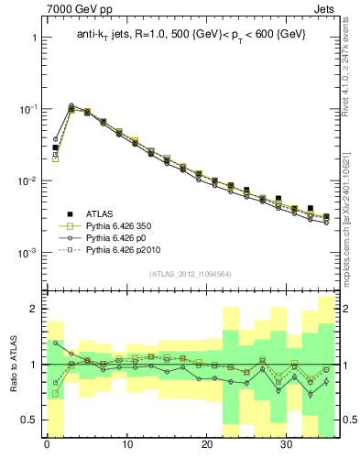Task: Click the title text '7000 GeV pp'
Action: tap(77, 10)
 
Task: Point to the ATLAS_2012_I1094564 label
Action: tap(191, 274)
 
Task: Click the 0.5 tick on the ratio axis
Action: tap(30, 420)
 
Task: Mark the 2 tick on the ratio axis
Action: tap(35, 309)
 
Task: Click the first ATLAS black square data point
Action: tap(55, 147)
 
